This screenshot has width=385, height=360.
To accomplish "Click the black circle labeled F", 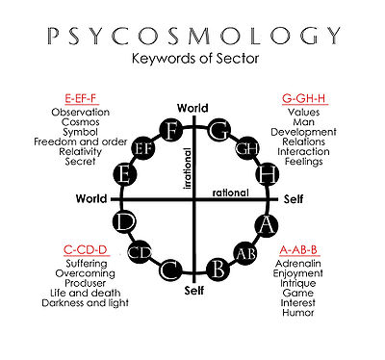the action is [x=171, y=130].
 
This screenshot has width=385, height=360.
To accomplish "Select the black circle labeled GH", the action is [x=247, y=148].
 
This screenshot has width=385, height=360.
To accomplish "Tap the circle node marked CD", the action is [x=140, y=252].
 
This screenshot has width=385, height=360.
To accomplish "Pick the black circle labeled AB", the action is [x=245, y=253].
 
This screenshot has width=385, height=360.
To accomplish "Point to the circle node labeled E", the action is [x=125, y=175].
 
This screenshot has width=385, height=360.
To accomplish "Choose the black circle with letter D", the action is [x=125, y=221].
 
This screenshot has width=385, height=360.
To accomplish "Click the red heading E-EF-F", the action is [x=81, y=99].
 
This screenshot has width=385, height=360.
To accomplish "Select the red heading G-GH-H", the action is [x=304, y=99].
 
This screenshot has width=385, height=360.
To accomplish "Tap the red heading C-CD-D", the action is [x=85, y=249].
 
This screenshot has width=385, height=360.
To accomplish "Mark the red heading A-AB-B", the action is [x=298, y=249].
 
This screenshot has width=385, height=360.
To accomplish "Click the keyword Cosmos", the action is [x=81, y=122].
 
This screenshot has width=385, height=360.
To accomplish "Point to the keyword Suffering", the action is [x=87, y=264].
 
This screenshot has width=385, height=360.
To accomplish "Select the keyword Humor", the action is [x=298, y=313].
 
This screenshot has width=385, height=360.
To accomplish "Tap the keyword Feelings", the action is [x=304, y=162].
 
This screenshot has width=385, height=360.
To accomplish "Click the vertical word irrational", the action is [x=188, y=168].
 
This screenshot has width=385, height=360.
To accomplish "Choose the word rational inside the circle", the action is [x=231, y=193].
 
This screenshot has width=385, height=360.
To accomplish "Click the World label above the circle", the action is [x=192, y=108].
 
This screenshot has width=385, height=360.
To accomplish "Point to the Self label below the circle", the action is [x=194, y=291].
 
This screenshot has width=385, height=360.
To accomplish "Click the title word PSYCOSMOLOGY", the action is [x=194, y=36].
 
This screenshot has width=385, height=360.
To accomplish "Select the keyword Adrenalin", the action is [x=298, y=264].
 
